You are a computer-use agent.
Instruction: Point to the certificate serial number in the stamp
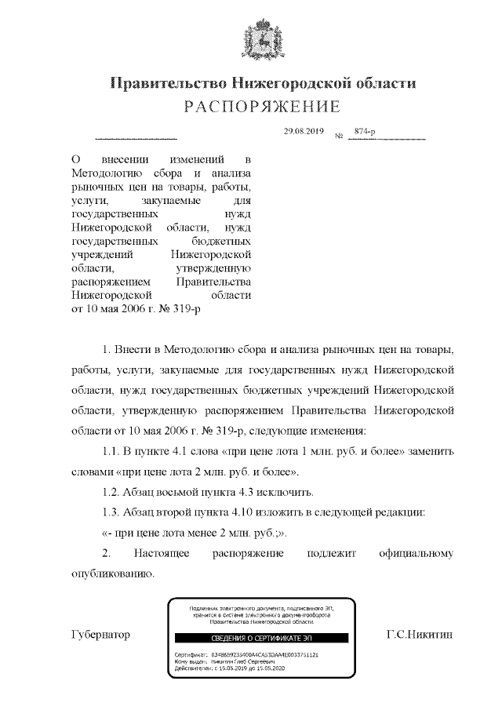(267, 654)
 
